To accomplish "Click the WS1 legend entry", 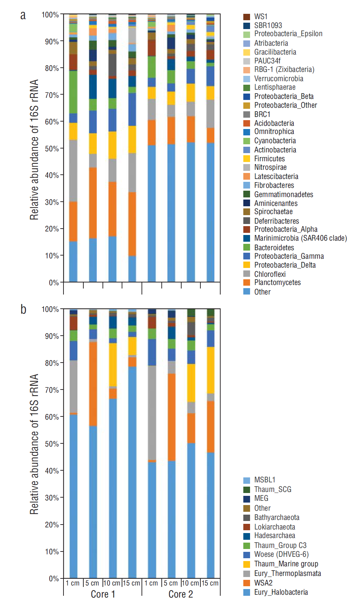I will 261,17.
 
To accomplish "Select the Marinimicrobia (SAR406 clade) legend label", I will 300,238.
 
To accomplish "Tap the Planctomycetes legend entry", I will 277,282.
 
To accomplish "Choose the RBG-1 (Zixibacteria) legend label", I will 284,69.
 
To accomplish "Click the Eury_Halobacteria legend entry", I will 281,592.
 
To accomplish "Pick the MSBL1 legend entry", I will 265,480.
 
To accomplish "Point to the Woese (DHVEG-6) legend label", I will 281,554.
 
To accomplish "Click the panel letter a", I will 23,15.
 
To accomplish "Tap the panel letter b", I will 23,309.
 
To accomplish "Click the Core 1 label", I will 103,594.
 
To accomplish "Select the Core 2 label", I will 181,594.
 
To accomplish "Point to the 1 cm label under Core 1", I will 73,583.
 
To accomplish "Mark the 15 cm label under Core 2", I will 210,583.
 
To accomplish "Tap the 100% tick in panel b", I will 50,309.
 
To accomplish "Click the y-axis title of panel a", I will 34,150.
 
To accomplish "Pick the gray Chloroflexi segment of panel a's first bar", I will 73,170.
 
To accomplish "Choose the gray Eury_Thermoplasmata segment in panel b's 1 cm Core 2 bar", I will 152,413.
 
